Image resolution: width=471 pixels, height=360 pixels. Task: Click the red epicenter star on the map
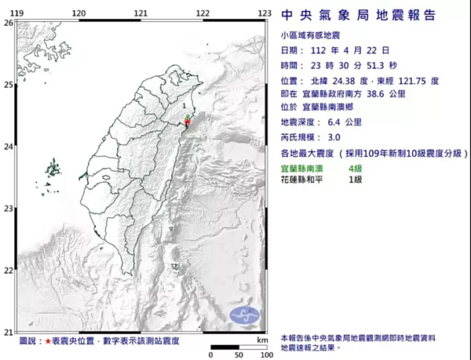(188, 122)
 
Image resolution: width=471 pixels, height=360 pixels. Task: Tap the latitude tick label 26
(8, 23)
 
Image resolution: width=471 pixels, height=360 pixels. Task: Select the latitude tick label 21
(8, 332)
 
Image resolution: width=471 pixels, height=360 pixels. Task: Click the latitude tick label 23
(8, 208)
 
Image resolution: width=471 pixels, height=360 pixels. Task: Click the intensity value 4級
(355, 168)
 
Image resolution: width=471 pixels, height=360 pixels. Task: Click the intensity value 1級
(355, 180)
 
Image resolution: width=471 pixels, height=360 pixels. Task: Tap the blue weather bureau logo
(244, 317)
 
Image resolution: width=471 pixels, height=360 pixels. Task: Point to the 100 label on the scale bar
(266, 355)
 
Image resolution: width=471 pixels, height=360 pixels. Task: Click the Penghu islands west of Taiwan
(54, 169)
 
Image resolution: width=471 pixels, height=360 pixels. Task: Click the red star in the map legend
(49, 341)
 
